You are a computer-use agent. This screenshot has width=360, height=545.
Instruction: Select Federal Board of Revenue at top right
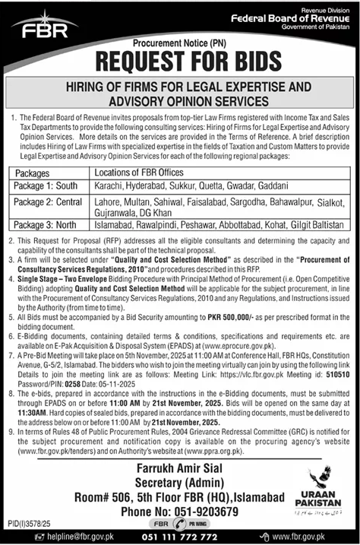click(304, 16)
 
